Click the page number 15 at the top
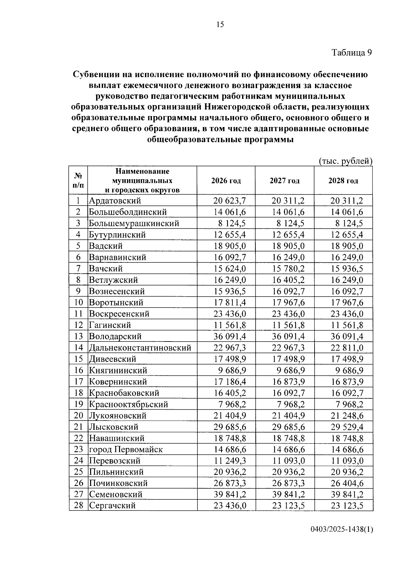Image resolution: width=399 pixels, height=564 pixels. pyautogui.click(x=220, y=25)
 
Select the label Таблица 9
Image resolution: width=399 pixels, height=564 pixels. pyautogui.click(x=351, y=53)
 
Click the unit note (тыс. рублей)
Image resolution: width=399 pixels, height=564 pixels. pyautogui.click(x=345, y=161)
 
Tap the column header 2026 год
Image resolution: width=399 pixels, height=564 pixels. pyautogui.click(x=226, y=181)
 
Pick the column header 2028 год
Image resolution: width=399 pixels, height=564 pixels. pyautogui.click(x=343, y=181)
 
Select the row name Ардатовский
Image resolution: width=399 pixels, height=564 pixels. pyautogui.click(x=115, y=201)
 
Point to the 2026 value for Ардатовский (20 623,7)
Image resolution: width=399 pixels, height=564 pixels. pyautogui.click(x=229, y=201)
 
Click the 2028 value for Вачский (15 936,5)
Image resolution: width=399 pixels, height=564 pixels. pyautogui.click(x=347, y=269)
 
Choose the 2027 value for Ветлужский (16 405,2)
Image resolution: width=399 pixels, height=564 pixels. pyautogui.click(x=288, y=280)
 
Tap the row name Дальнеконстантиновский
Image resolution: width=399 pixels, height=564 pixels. pyautogui.click(x=140, y=348)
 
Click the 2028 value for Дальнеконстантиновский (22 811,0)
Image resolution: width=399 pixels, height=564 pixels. pyautogui.click(x=347, y=348)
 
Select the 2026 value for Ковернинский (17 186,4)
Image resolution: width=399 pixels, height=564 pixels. pyautogui.click(x=229, y=382)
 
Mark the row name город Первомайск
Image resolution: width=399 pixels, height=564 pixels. pyautogui.click(x=126, y=450)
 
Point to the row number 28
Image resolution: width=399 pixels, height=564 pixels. pyautogui.click(x=78, y=506)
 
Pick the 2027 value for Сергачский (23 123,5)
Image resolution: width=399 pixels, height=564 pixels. pyautogui.click(x=288, y=506)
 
